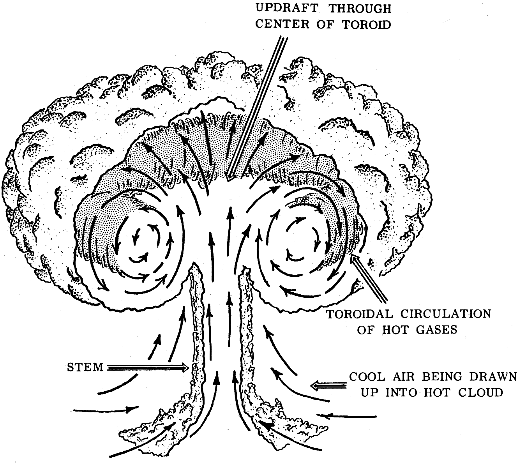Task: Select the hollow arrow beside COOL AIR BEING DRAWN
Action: [327, 385]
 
